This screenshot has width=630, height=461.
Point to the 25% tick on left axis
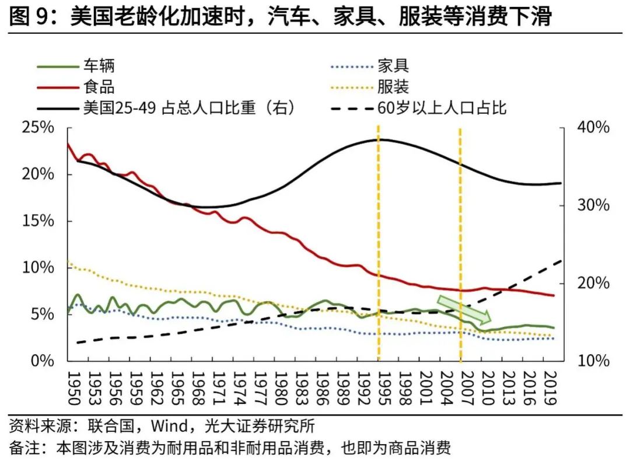point(38,128)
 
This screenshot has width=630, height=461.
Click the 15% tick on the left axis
point(38,221)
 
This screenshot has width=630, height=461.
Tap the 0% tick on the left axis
point(42,361)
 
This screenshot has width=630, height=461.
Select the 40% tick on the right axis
point(593,128)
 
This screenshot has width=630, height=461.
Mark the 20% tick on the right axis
point(593,283)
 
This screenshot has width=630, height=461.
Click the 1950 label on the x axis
point(73,387)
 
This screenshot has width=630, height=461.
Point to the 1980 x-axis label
point(279,387)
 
